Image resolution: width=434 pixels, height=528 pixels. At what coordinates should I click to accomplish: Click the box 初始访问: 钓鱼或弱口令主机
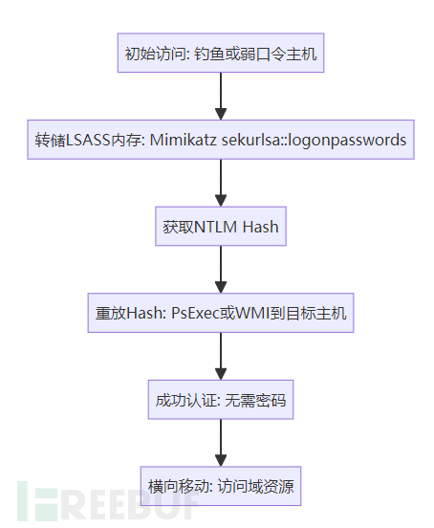[x=220, y=54]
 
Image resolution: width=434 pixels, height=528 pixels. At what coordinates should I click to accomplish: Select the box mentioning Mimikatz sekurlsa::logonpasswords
[x=220, y=141]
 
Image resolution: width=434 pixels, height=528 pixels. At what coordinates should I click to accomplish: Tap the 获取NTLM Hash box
[x=220, y=227]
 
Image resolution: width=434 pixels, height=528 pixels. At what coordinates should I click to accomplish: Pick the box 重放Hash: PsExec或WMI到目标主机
[x=220, y=313]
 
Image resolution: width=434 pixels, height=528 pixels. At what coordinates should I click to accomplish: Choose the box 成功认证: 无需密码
[x=220, y=400]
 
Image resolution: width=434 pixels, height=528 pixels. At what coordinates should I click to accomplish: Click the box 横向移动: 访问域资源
[x=220, y=487]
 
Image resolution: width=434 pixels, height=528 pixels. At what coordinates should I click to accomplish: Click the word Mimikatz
[x=183, y=141]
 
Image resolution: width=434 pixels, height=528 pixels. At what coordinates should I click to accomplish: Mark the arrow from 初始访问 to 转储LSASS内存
[x=220, y=97]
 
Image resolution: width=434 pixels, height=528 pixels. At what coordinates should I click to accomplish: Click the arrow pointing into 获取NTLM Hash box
[x=220, y=184]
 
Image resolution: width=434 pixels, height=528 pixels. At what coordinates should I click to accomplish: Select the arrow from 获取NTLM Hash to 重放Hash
[x=220, y=270]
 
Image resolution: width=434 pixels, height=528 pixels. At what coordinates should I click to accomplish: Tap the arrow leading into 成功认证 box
[x=220, y=357]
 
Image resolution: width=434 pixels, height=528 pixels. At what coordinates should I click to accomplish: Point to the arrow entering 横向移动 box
[x=220, y=443]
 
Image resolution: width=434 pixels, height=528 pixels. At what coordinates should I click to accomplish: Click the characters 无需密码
[x=255, y=400]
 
